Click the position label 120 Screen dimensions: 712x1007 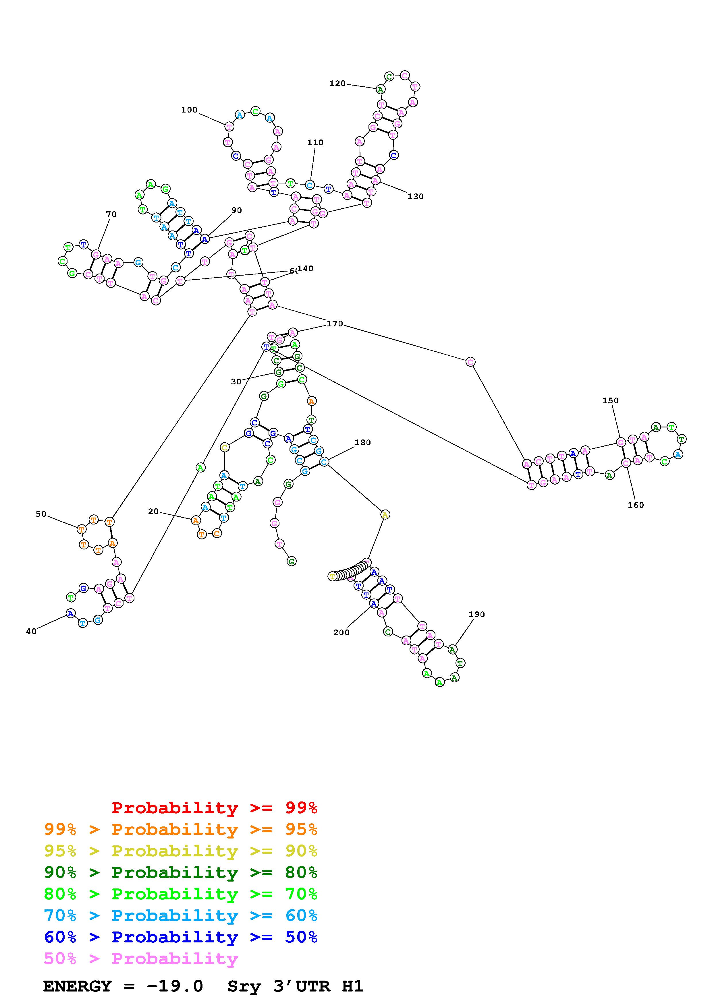coord(337,83)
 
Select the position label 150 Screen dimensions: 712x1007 coord(610,400)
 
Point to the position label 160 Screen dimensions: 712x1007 coord(636,505)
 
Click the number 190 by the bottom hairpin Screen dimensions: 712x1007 coord(476,615)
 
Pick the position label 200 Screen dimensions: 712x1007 coord(341,632)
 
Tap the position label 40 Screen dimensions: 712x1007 coord(31,631)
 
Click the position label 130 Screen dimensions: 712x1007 coord(415,196)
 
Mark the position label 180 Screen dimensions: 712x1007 coord(363,443)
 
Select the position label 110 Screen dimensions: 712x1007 coord(315,143)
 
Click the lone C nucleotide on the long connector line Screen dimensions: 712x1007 coord(470,362)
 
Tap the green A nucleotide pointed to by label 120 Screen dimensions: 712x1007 coord(380,90)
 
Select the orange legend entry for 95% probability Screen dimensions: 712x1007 coord(181,829)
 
